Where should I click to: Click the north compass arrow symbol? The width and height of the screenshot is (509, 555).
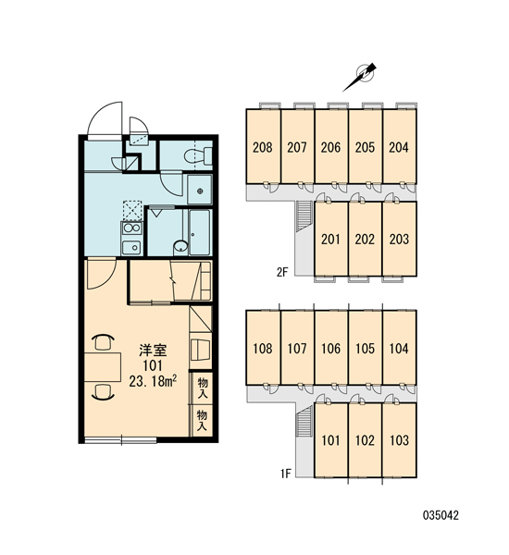pyautogui.click(x=359, y=77)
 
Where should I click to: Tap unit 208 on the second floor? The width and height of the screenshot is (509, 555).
pyautogui.click(x=263, y=146)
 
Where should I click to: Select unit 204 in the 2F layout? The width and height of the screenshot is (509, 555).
pyautogui.click(x=399, y=146)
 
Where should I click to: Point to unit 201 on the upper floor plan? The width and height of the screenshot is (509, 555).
pyautogui.click(x=330, y=239)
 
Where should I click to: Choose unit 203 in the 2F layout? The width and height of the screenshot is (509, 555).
pyautogui.click(x=399, y=239)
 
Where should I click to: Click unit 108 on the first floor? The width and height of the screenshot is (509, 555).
pyautogui.click(x=263, y=348)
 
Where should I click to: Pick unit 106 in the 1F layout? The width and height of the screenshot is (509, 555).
pyautogui.click(x=331, y=348)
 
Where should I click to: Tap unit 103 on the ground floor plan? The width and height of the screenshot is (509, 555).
pyautogui.click(x=399, y=440)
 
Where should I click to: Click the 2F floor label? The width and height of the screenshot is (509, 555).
pyautogui.click(x=282, y=272)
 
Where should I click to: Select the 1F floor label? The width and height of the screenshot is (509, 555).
pyautogui.click(x=285, y=474)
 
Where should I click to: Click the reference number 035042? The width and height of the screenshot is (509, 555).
pyautogui.click(x=441, y=515)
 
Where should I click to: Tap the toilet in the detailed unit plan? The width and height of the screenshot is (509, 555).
pyautogui.click(x=198, y=156)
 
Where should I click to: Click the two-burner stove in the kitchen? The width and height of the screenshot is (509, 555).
pyautogui.click(x=131, y=228)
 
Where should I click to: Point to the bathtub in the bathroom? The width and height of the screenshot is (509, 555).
pyautogui.click(x=199, y=232)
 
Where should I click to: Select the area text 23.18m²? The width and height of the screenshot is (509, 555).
pyautogui.click(x=153, y=381)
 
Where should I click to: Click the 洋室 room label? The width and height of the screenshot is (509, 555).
pyautogui.click(x=153, y=351)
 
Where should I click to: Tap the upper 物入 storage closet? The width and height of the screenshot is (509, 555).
pyautogui.click(x=203, y=388)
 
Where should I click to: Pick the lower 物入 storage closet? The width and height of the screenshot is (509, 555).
pyautogui.click(x=203, y=421)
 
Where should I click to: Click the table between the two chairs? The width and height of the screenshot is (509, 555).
pyautogui.click(x=103, y=366)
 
